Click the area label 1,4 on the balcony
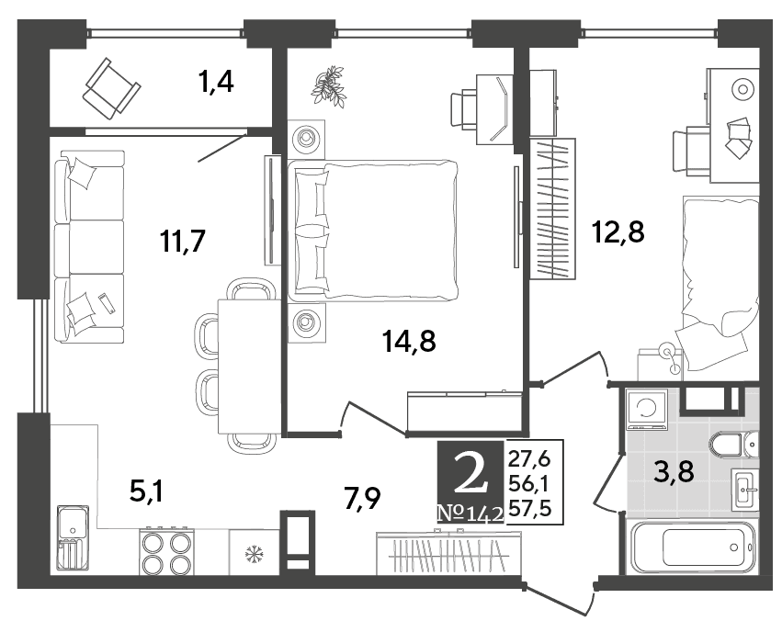pyautogui.click(x=216, y=81)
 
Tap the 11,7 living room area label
pyautogui.click(x=183, y=242)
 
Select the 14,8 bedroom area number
pyautogui.click(x=409, y=342)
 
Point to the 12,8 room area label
pyautogui.click(x=618, y=231)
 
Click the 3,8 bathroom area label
pyautogui.click(x=674, y=471)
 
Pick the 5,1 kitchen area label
pyautogui.click(x=147, y=492)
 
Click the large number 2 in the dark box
pyautogui.click(x=470, y=475)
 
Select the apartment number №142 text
pyautogui.click(x=470, y=513)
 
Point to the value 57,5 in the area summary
pyautogui.click(x=529, y=509)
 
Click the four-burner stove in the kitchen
pyautogui.click(x=166, y=551)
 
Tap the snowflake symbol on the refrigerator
pyautogui.click(x=254, y=554)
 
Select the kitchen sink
pyautogui.click(x=74, y=536)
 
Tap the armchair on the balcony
pyautogui.click(x=111, y=88)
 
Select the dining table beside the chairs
pyautogui.click(x=248, y=366)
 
